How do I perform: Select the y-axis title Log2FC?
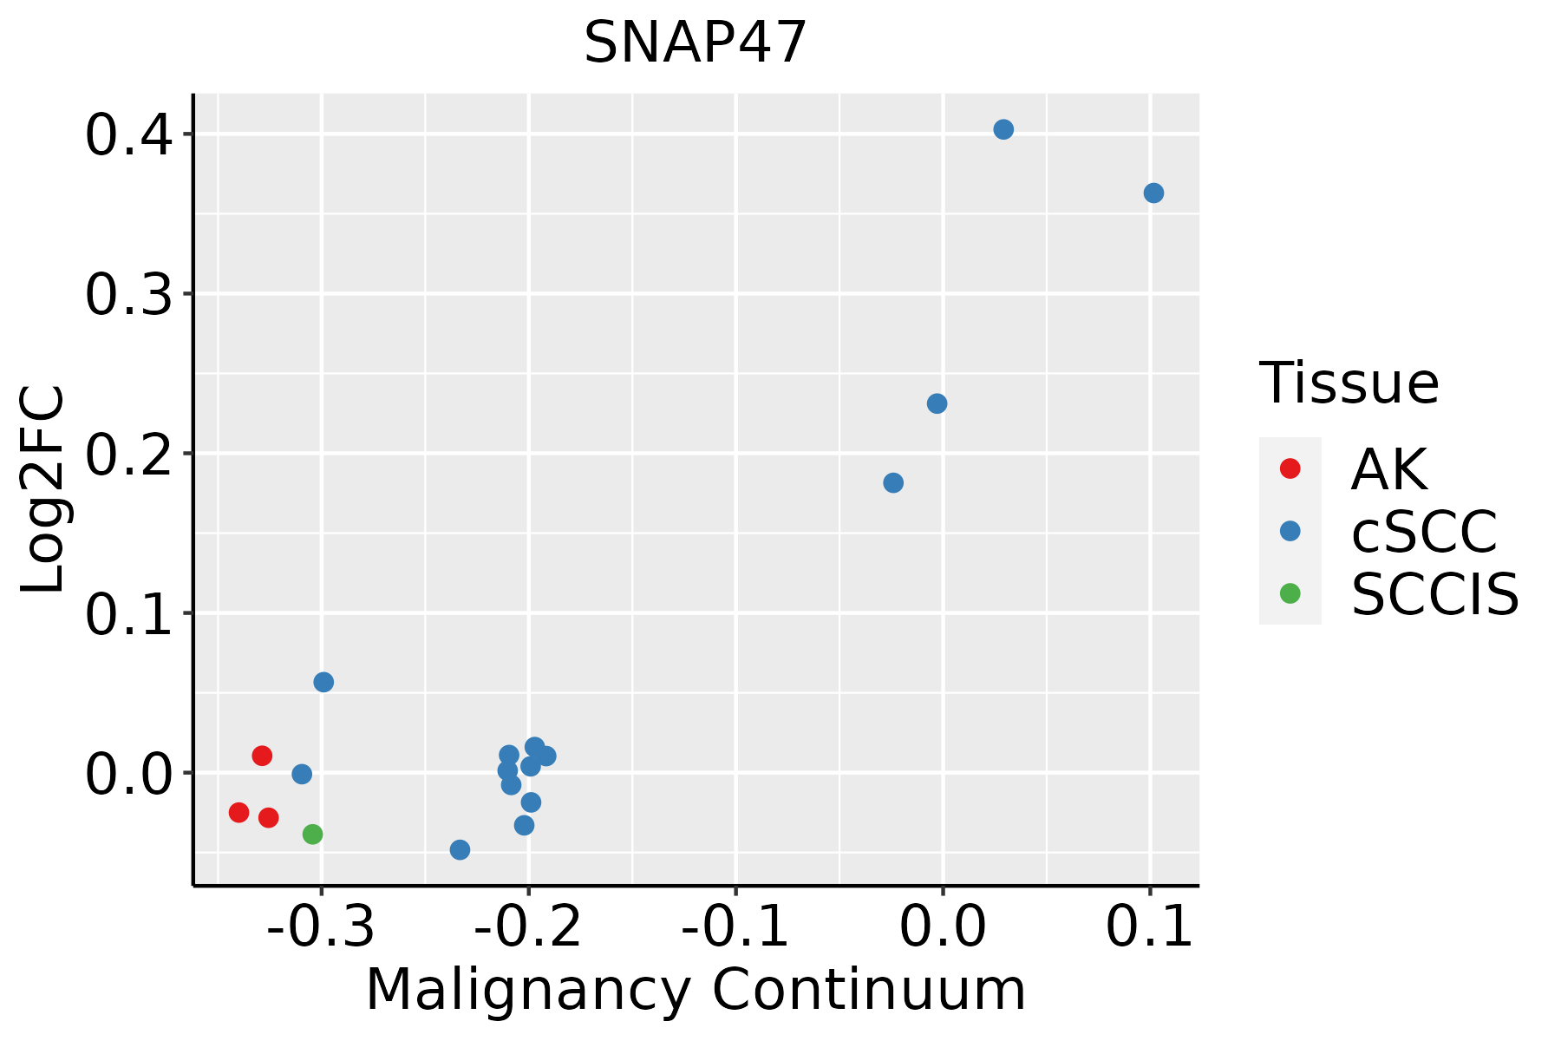tap(43, 489)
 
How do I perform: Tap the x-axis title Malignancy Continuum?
tap(696, 990)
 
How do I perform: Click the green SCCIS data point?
tap(313, 835)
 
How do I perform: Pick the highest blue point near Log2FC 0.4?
tap(1003, 130)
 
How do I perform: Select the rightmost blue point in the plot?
tap(1153, 193)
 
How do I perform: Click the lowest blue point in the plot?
tap(460, 849)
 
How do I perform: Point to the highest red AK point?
tap(262, 756)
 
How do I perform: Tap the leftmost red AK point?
tap(239, 813)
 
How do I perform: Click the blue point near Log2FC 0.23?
tap(937, 403)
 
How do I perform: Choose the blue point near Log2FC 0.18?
tap(893, 482)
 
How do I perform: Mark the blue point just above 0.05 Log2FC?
tap(323, 682)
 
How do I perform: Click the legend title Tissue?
tap(1349, 383)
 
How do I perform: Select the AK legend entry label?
tap(1388, 469)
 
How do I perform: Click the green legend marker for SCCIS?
tap(1290, 593)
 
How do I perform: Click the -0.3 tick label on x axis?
tap(321, 927)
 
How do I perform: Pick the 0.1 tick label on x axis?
tap(1149, 927)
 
